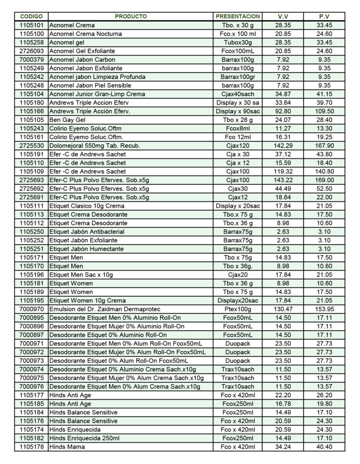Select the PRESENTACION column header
click(238, 16)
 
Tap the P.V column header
click(324, 16)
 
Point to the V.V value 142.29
click(283, 145)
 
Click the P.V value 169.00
click(324, 180)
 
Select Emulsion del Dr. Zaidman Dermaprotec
click(101, 309)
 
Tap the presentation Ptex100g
click(238, 309)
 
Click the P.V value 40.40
click(324, 447)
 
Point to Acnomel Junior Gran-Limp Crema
click(97, 94)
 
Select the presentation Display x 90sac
click(238, 111)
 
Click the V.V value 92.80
click(283, 111)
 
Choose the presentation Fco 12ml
click(238, 137)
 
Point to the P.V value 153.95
click(324, 309)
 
